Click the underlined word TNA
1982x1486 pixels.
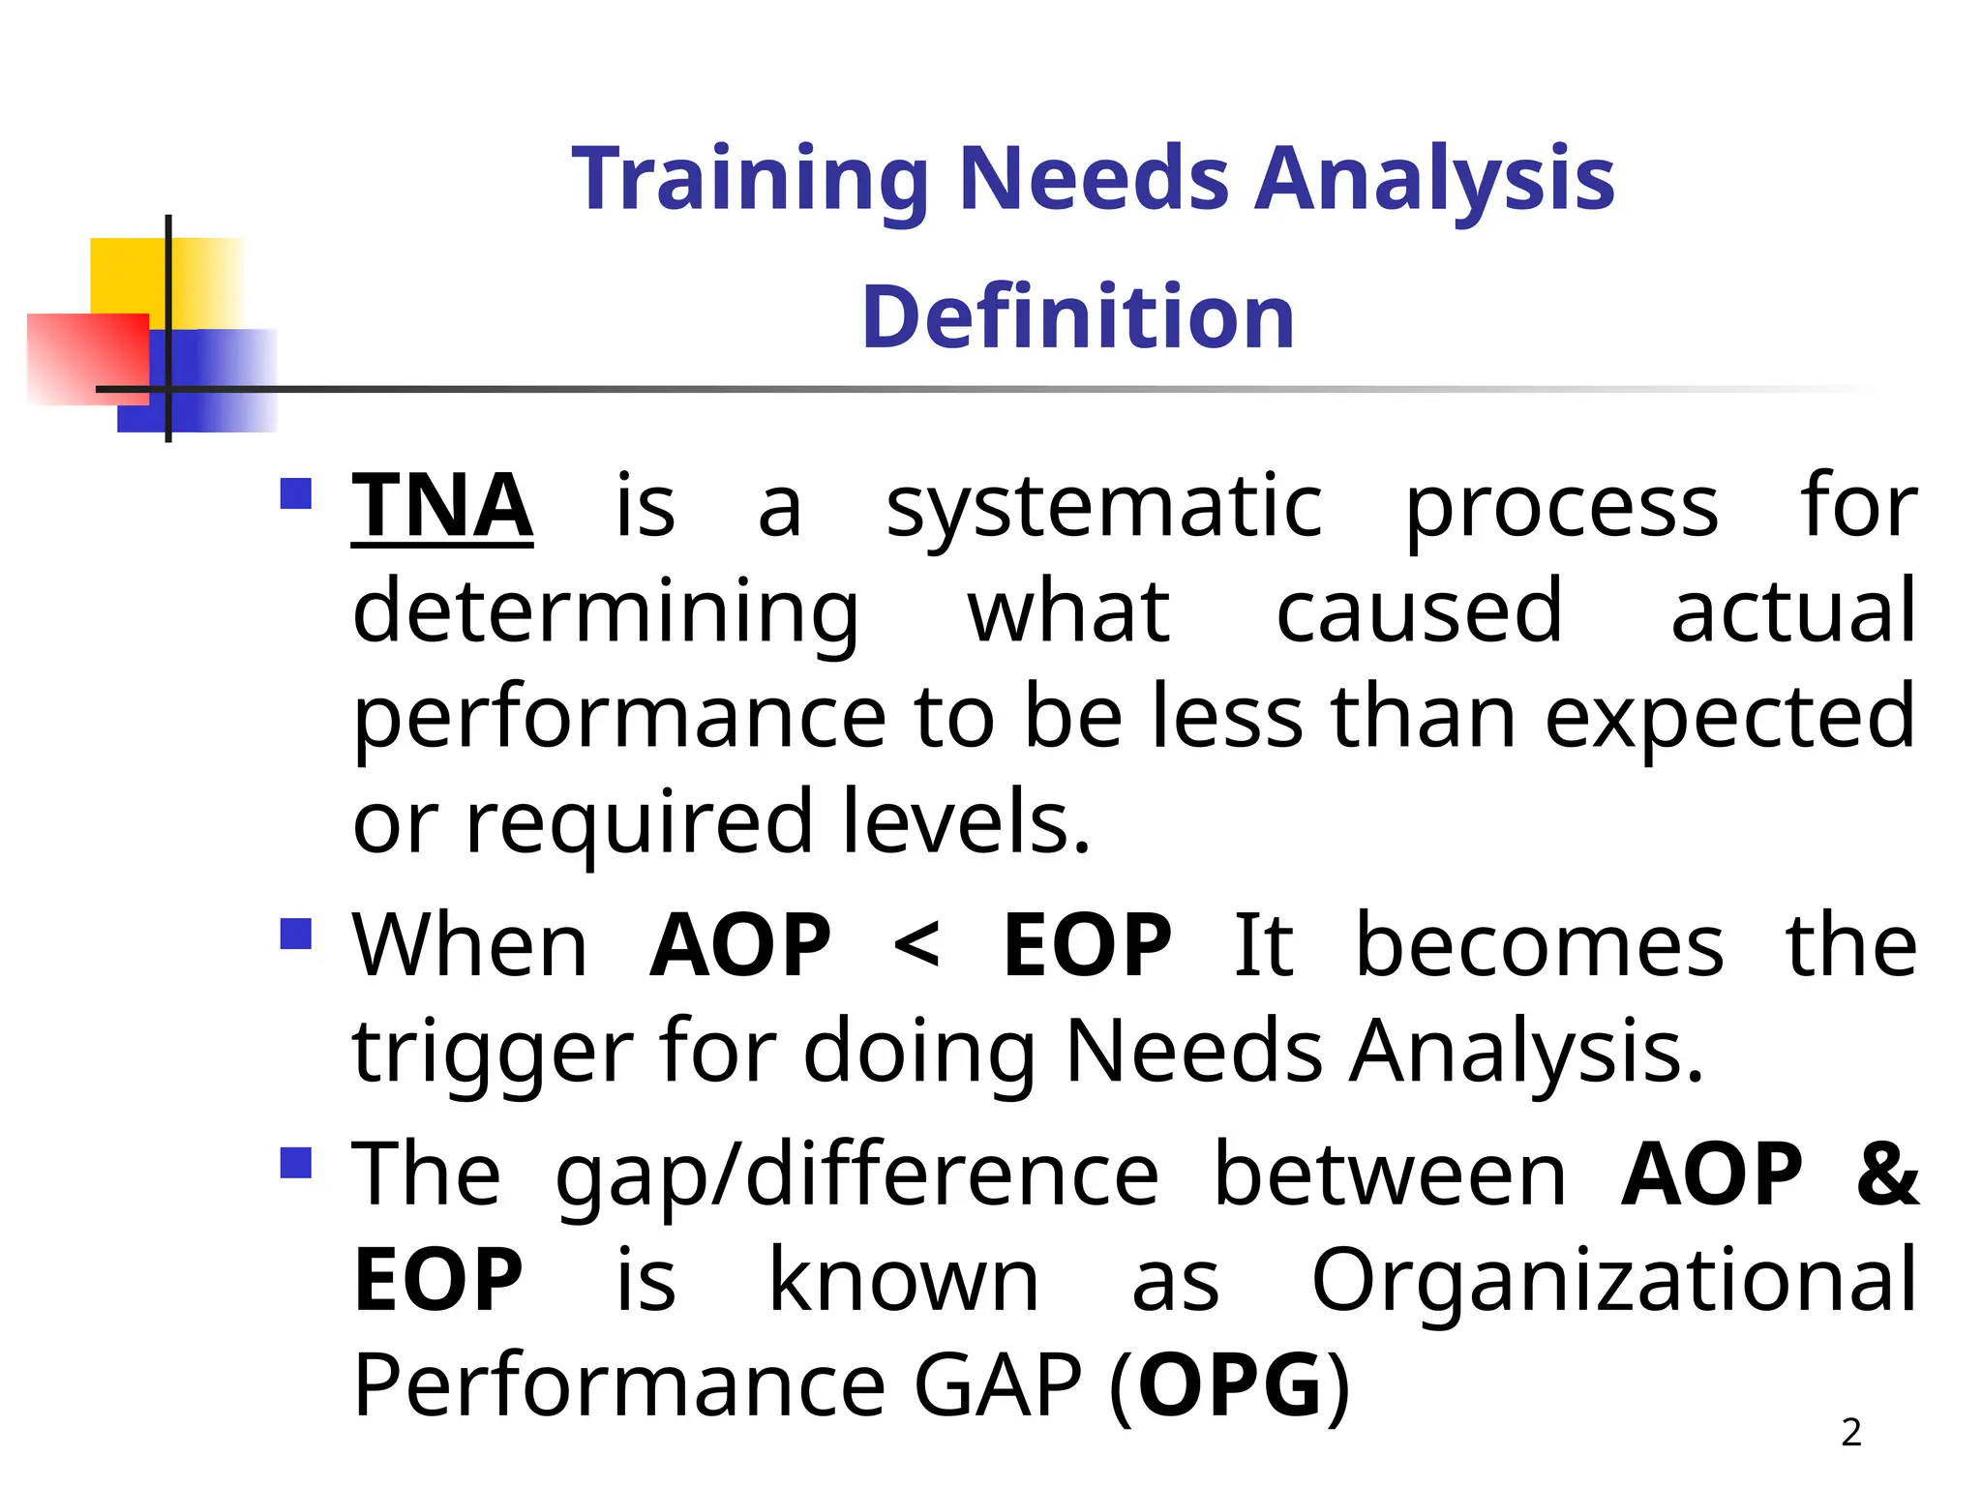[x=441, y=506]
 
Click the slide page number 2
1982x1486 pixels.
[x=1850, y=1433]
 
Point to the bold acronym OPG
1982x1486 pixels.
[x=1230, y=1385]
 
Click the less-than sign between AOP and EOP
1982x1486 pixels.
[x=916, y=946]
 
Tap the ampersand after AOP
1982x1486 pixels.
[x=1886, y=1174]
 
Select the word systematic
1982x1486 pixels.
[x=1104, y=508]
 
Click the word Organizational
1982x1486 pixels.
[x=1613, y=1280]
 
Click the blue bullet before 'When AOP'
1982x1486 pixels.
[x=295, y=935]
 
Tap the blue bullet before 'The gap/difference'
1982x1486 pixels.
[x=295, y=1163]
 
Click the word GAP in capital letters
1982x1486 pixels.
[x=998, y=1385]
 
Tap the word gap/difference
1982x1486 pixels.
[x=856, y=1176]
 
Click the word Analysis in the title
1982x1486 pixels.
[x=1434, y=180]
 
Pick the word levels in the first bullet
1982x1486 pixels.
[x=965, y=822]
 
